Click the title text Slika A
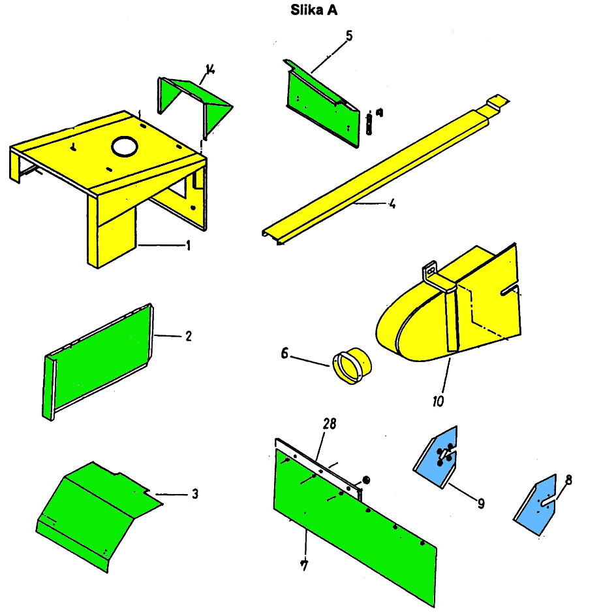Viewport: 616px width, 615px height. pyautogui.click(x=313, y=10)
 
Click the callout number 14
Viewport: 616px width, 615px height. pyautogui.click(x=211, y=70)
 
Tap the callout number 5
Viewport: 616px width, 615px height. pyautogui.click(x=349, y=36)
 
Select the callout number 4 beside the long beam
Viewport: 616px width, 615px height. pyautogui.click(x=392, y=204)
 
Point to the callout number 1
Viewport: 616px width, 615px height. pyautogui.click(x=188, y=246)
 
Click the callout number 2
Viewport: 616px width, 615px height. pyautogui.click(x=189, y=336)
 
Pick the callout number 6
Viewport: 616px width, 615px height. pyautogui.click(x=285, y=354)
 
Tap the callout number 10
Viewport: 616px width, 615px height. pyautogui.click(x=438, y=401)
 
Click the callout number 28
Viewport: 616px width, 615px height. pyautogui.click(x=330, y=424)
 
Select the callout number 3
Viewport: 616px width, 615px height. pyautogui.click(x=195, y=493)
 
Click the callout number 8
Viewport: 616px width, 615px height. pyautogui.click(x=568, y=480)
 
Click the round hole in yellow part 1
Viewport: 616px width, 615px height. pyautogui.click(x=125, y=146)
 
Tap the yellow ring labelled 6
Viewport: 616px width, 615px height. pyautogui.click(x=352, y=365)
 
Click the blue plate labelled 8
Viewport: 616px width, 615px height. pyautogui.click(x=536, y=505)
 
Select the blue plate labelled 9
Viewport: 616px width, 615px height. pyautogui.click(x=436, y=458)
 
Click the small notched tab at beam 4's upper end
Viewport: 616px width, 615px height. pyautogui.click(x=498, y=101)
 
